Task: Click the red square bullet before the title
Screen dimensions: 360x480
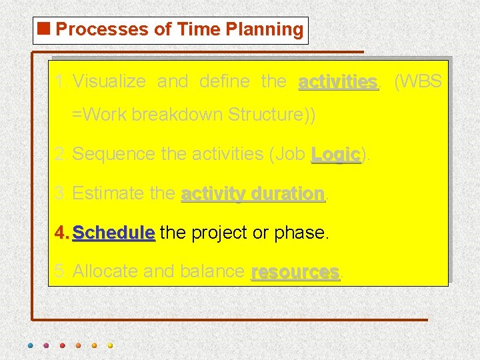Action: pos(45,29)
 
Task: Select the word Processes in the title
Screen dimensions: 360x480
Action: pos(93,29)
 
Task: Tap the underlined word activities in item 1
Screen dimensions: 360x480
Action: pos(338,82)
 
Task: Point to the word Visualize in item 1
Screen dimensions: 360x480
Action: pos(109,82)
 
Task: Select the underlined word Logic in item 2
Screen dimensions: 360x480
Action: pos(335,154)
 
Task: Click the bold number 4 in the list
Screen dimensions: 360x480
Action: pos(61,233)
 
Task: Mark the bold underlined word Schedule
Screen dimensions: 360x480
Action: pos(113,233)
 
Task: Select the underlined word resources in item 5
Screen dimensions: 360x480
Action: pos(295,271)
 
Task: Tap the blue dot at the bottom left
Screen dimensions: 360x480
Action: pos(29,345)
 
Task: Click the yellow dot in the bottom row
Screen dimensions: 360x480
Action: pos(110,345)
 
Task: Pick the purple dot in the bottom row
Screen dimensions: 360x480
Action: pos(45,345)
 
